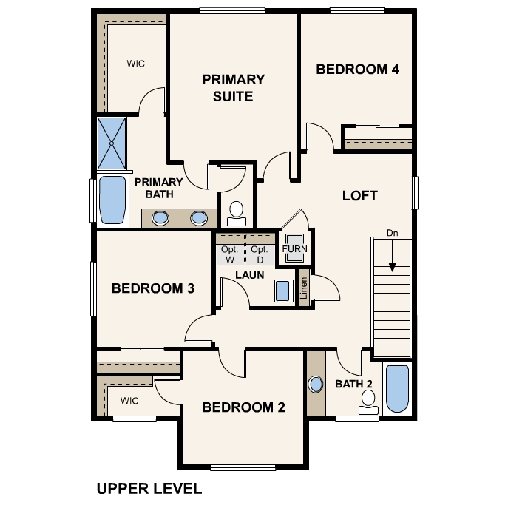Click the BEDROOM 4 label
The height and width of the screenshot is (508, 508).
tap(357, 70)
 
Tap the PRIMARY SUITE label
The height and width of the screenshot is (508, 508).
tap(233, 88)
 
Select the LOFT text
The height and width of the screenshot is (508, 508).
tap(360, 196)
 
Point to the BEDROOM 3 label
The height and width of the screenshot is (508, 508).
tap(153, 288)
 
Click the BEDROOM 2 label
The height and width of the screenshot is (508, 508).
tap(243, 407)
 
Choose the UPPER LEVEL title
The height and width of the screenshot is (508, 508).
tap(149, 489)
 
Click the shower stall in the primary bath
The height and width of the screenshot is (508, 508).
tap(112, 143)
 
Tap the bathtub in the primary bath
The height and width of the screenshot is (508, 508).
tap(112, 200)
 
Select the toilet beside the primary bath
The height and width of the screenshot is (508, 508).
tap(237, 213)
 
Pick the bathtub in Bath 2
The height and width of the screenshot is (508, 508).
tap(397, 389)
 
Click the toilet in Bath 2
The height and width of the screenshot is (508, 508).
tap(368, 402)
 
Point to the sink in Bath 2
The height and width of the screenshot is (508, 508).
tap(316, 385)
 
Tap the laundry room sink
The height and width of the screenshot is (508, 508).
tap(282, 291)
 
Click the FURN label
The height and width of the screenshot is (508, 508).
tap(294, 248)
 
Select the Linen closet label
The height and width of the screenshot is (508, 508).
tap(304, 288)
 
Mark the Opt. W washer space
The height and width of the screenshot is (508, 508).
tap(230, 254)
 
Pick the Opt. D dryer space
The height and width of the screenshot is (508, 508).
tap(260, 254)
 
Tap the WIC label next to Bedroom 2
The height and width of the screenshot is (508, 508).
tap(129, 401)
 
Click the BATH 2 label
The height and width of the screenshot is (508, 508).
tap(353, 384)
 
